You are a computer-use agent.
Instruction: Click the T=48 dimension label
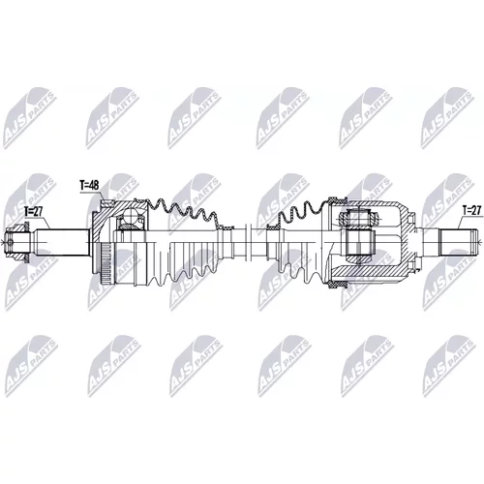pyautogui.click(x=89, y=186)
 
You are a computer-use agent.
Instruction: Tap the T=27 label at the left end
pyautogui.click(x=34, y=211)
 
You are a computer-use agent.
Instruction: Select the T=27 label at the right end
pyautogui.click(x=471, y=210)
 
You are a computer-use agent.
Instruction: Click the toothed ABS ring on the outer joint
pyautogui.click(x=106, y=263)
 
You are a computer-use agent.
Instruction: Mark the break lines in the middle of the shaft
pyautogui.click(x=248, y=242)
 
